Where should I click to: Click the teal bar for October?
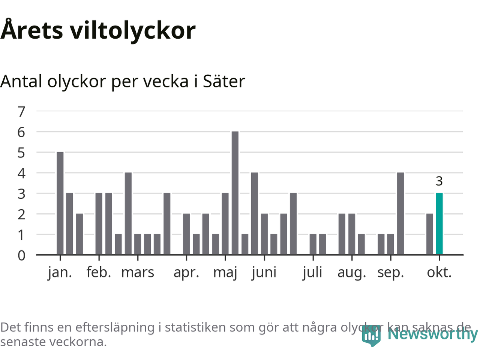(x=439, y=224)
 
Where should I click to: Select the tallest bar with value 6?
(x=235, y=193)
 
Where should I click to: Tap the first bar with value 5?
(x=60, y=203)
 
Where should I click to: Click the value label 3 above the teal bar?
(x=439, y=181)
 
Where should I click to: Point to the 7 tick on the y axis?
(x=21, y=111)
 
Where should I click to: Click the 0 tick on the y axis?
(x=21, y=255)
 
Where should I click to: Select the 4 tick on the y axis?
(x=21, y=173)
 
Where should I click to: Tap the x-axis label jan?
(x=60, y=273)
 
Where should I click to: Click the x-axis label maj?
(x=225, y=273)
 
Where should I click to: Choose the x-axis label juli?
(x=313, y=273)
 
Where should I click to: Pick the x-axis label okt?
(x=439, y=273)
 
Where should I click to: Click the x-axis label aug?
(x=352, y=273)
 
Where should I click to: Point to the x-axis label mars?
(x=138, y=273)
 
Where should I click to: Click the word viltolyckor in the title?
(x=133, y=30)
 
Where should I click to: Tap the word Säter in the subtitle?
(x=224, y=81)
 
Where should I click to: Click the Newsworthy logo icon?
(x=371, y=335)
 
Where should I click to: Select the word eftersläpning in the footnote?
(x=115, y=327)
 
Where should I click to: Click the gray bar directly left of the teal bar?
(x=429, y=234)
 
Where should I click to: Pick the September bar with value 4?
(x=400, y=214)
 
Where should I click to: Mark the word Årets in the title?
(x=32, y=30)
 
